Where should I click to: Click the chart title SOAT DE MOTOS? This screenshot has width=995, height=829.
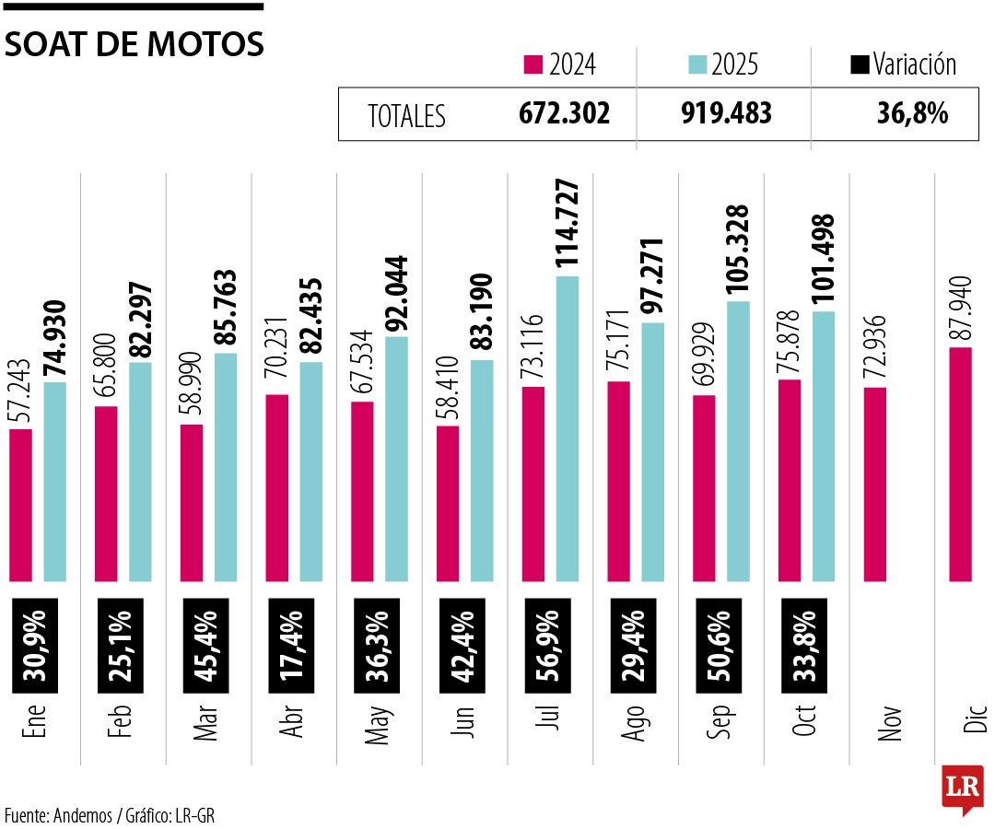(x=135, y=44)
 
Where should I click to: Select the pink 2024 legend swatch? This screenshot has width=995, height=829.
(x=533, y=64)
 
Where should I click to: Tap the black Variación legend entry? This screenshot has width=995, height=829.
(x=903, y=64)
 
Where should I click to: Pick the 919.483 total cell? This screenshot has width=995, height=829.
(x=726, y=114)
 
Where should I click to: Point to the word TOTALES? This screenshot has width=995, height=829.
(x=406, y=116)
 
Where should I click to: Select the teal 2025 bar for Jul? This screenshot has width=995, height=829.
(x=568, y=428)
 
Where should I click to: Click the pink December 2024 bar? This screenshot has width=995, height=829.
(x=960, y=464)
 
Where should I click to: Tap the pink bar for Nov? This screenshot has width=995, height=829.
(x=875, y=485)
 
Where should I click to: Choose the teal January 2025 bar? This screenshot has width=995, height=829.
(x=55, y=482)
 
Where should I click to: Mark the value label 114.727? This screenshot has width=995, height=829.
(x=568, y=224)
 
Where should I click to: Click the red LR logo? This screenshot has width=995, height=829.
(x=962, y=788)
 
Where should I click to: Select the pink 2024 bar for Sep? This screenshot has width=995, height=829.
(x=704, y=488)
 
